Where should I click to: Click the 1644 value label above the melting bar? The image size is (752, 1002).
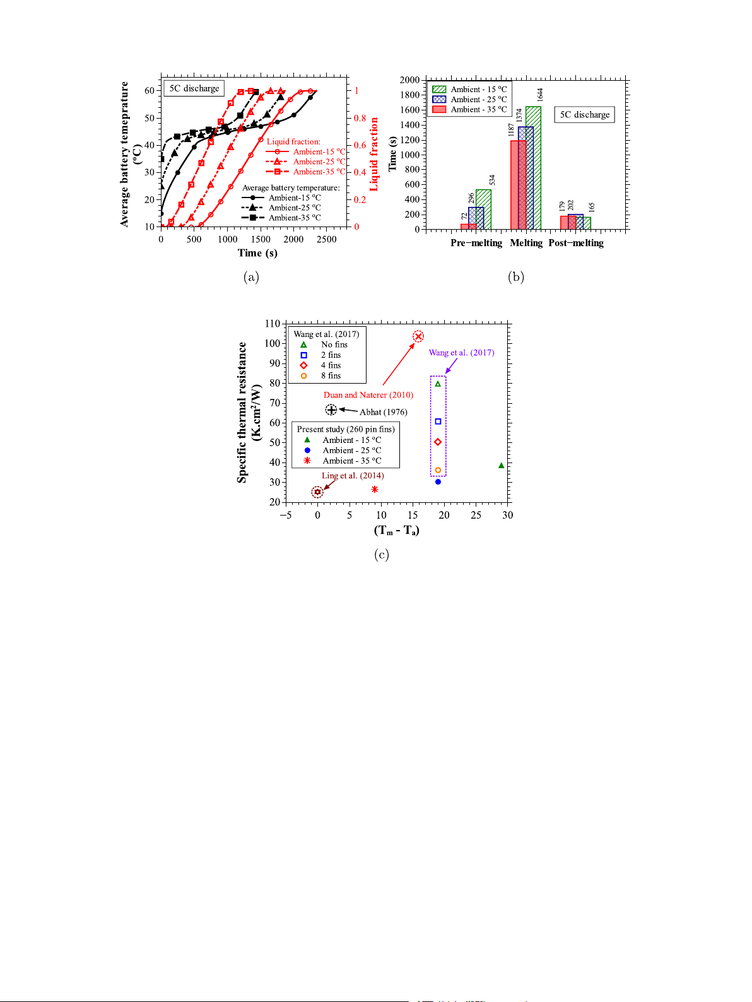pos(540,95)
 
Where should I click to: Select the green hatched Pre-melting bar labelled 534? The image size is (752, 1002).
pos(484,209)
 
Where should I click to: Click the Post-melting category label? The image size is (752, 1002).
pos(576,243)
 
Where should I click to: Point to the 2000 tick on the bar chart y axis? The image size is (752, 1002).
pos(409,80)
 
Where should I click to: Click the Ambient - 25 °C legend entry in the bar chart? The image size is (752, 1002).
pos(470,100)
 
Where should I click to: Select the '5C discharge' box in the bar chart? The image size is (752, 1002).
pos(585,115)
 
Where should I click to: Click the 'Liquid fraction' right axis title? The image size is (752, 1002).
pos(374,154)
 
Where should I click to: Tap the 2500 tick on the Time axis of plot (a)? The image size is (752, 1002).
pos(326,239)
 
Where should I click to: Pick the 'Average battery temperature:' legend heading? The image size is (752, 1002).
pos(291,188)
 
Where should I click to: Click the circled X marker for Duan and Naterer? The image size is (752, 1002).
pos(418,336)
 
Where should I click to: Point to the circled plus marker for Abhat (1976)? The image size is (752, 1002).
pos(331,410)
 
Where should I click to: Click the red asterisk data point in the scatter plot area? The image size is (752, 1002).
pos(375,490)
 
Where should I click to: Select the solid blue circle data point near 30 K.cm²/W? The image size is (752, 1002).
pos(438,482)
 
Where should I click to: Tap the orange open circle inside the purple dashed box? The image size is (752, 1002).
pos(438,470)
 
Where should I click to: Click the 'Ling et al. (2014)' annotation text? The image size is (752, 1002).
pos(353,476)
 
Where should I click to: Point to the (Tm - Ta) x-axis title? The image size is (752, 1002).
pos(396,530)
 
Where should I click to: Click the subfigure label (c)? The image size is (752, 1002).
pos(381,555)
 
